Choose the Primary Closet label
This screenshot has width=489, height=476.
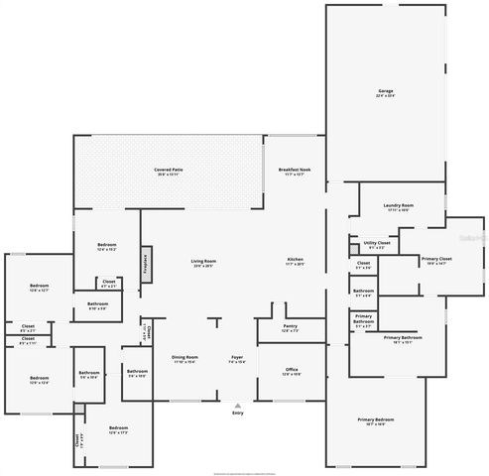tap(435, 260)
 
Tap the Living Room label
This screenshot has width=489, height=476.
tap(204, 263)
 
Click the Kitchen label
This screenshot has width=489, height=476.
tap(296, 263)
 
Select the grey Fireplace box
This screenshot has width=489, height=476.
tap(145, 260)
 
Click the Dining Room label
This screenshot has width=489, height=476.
tap(185, 358)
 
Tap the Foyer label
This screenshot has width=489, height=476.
tap(238, 358)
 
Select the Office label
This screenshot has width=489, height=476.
tap(292, 371)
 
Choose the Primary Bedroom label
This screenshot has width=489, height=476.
tap(372, 420)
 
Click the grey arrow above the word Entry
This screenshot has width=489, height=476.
tap(237, 404)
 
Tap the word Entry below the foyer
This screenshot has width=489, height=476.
tap(237, 413)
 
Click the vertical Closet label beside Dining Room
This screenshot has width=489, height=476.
tap(146, 330)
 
